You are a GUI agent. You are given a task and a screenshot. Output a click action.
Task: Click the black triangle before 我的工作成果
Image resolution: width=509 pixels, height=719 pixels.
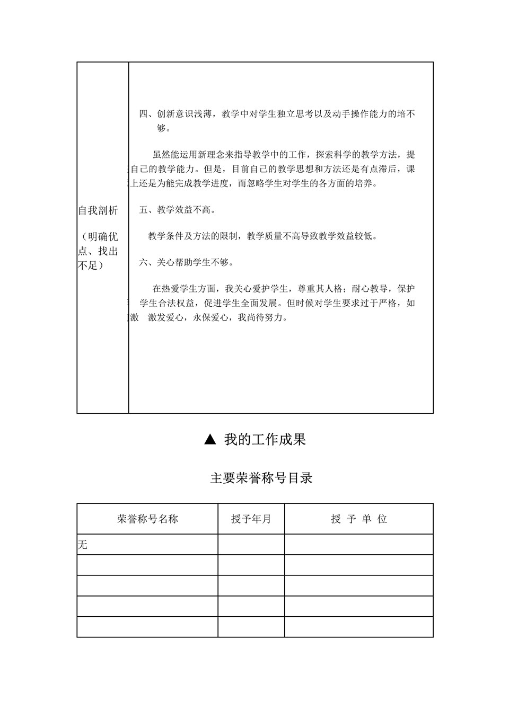coord(210,439)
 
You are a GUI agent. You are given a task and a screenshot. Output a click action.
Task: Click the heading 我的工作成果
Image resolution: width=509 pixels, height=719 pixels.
coord(265,439)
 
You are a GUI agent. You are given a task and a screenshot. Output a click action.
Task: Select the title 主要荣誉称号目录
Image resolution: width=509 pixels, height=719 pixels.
coord(261,478)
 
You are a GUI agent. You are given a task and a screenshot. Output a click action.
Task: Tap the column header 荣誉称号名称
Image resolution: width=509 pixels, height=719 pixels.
coord(147,519)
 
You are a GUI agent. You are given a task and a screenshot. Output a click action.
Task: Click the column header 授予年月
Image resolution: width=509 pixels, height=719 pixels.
coord(251,519)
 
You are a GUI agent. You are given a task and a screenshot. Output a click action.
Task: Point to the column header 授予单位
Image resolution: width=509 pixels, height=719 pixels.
coord(359,519)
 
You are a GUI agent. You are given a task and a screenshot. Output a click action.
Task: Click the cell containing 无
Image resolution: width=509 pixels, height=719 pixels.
coord(83,544)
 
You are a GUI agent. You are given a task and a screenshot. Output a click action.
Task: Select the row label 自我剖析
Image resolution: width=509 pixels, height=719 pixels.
coord(98,210)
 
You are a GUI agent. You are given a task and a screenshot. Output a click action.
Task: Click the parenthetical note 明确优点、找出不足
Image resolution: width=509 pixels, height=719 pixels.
coord(98,251)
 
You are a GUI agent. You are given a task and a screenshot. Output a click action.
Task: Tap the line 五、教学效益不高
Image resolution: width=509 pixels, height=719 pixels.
coord(178,210)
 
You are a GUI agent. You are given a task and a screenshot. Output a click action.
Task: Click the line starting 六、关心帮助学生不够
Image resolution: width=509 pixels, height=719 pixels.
coord(187,262)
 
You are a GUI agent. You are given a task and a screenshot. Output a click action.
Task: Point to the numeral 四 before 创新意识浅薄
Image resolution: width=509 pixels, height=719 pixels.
coord(144,114)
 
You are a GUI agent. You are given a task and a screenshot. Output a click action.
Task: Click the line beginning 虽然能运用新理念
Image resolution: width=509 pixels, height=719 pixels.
coord(284,155)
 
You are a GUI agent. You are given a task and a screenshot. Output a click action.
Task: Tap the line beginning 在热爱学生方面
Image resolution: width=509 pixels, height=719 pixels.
coord(284,289)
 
